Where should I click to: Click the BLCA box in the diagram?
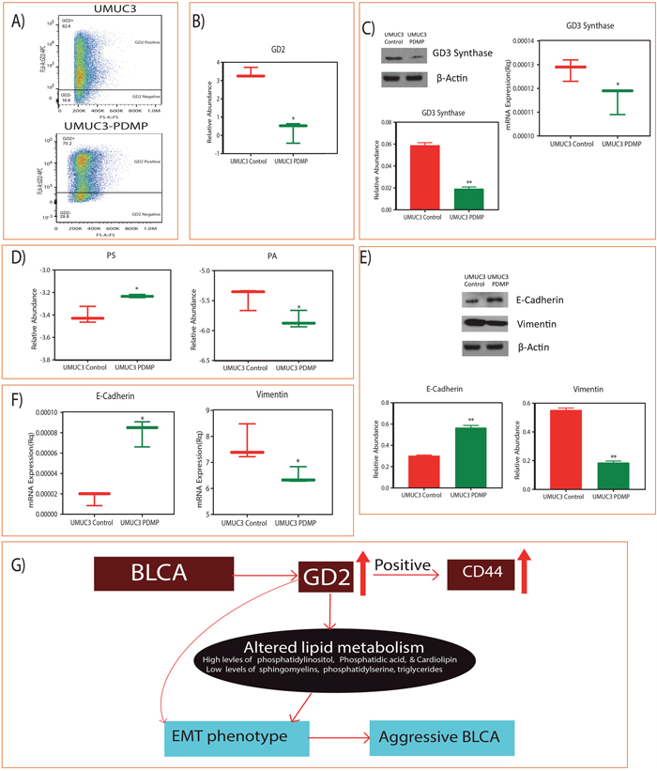(164, 574)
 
